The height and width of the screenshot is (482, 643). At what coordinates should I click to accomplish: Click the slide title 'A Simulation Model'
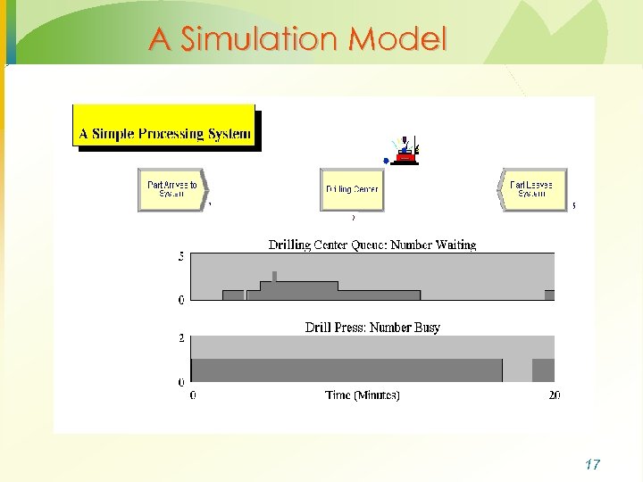pos(296,38)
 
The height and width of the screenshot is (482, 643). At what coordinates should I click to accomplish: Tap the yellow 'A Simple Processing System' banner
pos(164,134)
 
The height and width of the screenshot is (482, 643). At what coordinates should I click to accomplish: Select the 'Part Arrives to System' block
pos(172,189)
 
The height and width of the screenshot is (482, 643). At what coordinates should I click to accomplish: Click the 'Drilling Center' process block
pos(352,189)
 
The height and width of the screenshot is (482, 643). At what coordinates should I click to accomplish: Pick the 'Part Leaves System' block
pos(532,189)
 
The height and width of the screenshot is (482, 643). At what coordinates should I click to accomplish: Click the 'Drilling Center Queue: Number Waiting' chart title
pos(372,245)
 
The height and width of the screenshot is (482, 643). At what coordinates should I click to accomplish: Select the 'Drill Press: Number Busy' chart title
pos(372,328)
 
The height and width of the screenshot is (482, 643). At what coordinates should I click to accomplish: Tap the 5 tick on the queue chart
pos(181,257)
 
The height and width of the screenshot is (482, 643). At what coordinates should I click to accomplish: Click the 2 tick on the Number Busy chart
pos(181,339)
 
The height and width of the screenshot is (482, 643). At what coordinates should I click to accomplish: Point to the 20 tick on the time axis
pos(554,395)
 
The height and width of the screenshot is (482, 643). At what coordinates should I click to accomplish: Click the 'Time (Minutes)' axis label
pos(363,395)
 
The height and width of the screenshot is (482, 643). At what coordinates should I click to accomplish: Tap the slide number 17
pos(591,464)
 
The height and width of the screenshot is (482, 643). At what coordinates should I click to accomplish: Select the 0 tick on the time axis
pos(194,395)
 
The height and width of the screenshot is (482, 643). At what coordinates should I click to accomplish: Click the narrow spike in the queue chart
pos(274,276)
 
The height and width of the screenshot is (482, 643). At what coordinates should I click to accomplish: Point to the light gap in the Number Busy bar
pos(517,370)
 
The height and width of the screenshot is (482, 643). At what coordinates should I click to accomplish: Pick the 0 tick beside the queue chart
pos(181,300)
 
